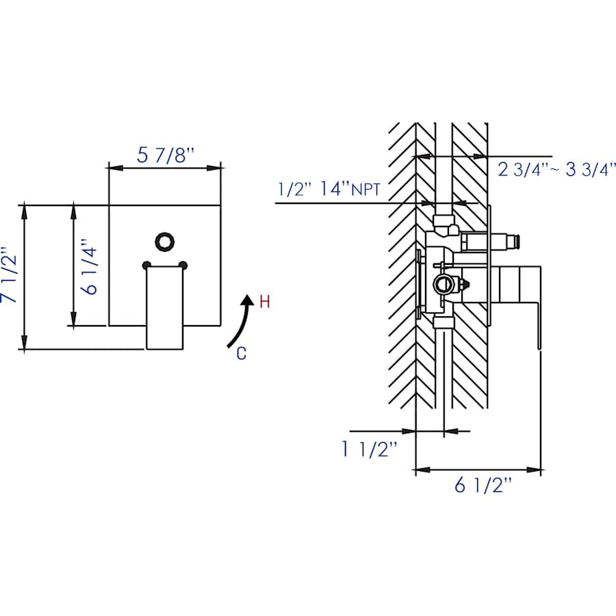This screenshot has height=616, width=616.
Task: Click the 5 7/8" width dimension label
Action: (166, 155)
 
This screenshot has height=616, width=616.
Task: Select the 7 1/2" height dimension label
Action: (9, 275)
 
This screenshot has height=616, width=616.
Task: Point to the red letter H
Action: (265, 302)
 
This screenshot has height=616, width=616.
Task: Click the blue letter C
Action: (241, 353)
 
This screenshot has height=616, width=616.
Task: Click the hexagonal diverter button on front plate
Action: (164, 241)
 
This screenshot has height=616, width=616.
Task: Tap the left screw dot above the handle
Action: (146, 265)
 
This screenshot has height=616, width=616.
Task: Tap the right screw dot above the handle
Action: (183, 265)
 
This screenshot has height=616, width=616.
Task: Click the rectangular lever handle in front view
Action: (164, 307)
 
